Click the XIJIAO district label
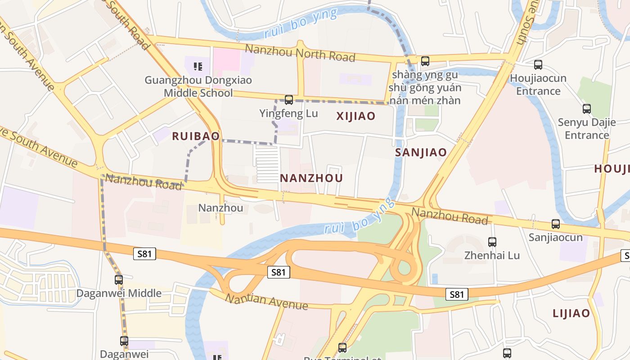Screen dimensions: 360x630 click(x=355, y=116)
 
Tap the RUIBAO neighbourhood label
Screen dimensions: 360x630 click(x=196, y=136)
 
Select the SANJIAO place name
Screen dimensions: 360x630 click(x=421, y=152)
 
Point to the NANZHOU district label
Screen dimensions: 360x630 click(x=311, y=178)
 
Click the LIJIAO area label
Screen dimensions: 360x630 click(x=571, y=313)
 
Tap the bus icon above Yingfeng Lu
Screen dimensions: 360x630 click(x=289, y=100)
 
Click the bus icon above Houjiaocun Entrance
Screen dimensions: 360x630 click(x=538, y=65)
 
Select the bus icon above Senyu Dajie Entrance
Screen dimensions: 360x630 click(x=586, y=109)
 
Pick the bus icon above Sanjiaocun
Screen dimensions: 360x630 click(x=556, y=224)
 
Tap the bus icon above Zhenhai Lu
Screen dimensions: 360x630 click(x=492, y=242)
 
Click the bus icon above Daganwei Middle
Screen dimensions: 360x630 click(x=119, y=280)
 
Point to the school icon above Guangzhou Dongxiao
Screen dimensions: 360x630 click(x=198, y=67)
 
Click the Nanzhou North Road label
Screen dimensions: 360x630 click(x=300, y=53)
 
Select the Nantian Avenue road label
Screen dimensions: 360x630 click(x=266, y=301)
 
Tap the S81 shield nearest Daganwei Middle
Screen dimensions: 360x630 click(x=144, y=254)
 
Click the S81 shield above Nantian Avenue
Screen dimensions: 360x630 click(x=279, y=272)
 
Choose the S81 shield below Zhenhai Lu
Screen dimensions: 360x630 click(x=457, y=294)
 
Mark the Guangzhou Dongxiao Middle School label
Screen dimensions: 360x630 click(x=198, y=87)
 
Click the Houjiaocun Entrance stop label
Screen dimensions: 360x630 click(x=538, y=85)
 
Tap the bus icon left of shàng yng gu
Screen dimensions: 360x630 click(x=425, y=61)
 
